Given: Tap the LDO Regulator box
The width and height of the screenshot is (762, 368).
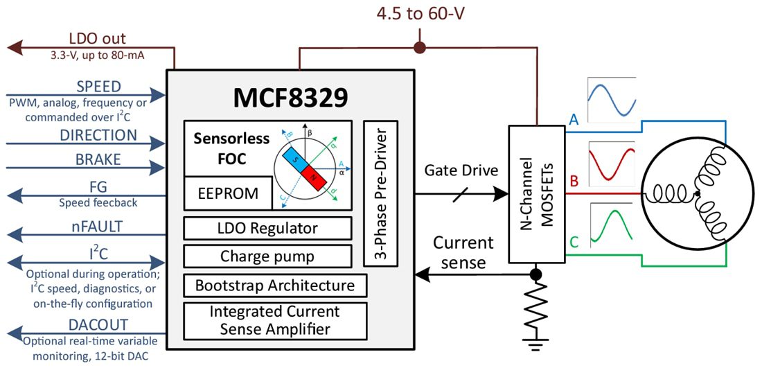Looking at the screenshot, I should tap(266, 228).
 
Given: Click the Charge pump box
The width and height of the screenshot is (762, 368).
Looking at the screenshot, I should tap(266, 256).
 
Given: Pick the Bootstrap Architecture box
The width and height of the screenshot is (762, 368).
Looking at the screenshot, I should tap(274, 286).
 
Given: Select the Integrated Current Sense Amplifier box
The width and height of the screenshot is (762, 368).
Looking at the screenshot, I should tap(274, 320).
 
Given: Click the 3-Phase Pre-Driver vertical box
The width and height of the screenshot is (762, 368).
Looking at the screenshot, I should tap(380, 193).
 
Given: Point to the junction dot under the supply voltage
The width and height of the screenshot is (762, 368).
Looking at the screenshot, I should tap(418, 48).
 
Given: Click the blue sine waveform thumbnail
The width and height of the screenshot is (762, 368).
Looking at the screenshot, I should tap(612, 98).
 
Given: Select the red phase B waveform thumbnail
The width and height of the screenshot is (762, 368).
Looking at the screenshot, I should tap(612, 163).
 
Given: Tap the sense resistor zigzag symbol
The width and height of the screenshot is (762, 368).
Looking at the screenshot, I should tap(535, 305).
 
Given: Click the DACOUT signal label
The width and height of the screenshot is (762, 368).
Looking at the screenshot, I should tap(98, 325).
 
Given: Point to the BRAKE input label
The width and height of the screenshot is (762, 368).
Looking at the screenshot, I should tap(98, 159).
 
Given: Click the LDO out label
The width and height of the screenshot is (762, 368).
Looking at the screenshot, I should tap(98, 39).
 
